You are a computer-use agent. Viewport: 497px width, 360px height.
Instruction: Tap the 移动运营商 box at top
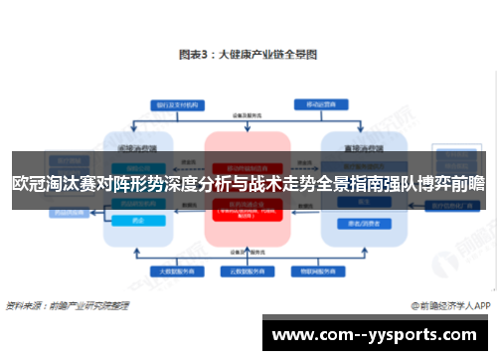(320, 103)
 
